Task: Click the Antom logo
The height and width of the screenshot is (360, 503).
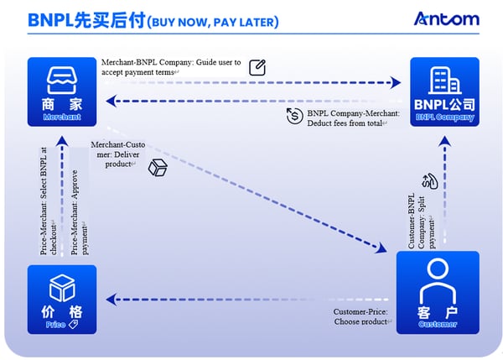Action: [447, 18]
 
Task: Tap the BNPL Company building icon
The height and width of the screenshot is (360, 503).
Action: [444, 80]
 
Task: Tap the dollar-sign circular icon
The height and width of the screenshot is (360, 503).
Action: [293, 116]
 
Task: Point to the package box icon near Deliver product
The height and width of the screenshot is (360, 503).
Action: [158, 168]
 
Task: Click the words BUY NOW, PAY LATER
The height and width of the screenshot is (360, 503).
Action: [213, 21]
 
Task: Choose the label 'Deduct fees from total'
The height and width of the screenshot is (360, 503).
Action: [353, 117]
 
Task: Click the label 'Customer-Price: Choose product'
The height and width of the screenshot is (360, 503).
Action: [360, 316]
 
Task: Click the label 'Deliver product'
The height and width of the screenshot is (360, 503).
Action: [112, 154]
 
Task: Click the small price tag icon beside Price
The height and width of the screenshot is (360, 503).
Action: [74, 324]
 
